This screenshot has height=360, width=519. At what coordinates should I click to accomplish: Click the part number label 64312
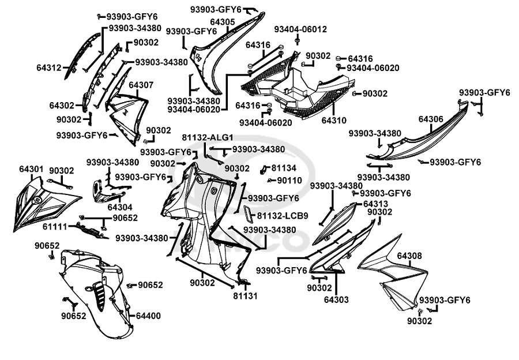click(x=48, y=68)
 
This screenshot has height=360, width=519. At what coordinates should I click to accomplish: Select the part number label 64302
click(x=61, y=106)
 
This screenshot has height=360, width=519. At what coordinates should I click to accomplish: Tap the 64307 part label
click(x=141, y=85)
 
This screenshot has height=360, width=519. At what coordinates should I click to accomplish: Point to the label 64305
click(x=222, y=22)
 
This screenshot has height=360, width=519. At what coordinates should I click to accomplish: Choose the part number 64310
click(x=334, y=121)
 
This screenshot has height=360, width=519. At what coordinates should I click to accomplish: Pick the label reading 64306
click(x=431, y=119)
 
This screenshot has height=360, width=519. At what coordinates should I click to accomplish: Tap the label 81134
click(x=284, y=168)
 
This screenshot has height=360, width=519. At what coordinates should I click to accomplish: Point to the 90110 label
click(x=289, y=180)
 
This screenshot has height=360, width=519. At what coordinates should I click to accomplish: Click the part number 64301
click(x=31, y=170)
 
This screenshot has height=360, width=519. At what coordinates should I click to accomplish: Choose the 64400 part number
click(x=148, y=316)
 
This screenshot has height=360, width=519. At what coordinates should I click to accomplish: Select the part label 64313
click(x=375, y=204)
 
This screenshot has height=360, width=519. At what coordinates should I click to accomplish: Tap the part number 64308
click(x=409, y=255)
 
